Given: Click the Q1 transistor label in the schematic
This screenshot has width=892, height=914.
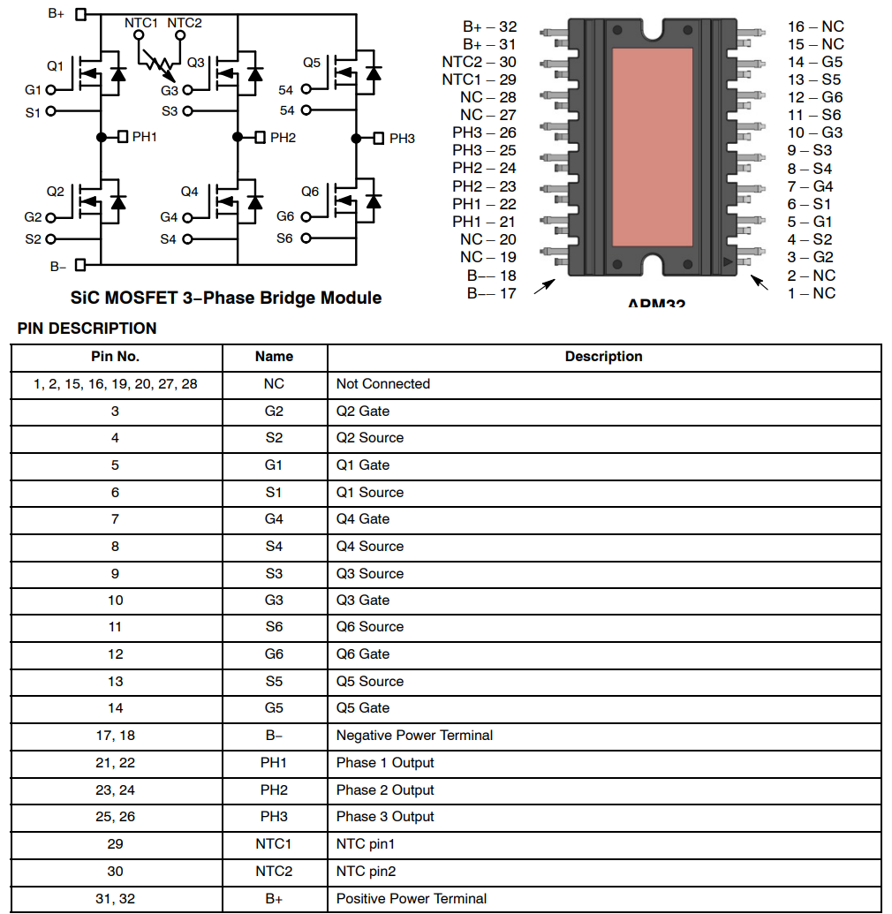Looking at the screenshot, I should click(55, 66).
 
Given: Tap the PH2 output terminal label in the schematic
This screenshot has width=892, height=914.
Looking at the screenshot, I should click(283, 138).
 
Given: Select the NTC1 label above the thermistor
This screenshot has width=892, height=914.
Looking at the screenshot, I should click(141, 22).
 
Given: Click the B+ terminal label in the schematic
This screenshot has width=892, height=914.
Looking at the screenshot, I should click(57, 14).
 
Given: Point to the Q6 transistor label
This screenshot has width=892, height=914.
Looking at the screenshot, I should click(310, 192).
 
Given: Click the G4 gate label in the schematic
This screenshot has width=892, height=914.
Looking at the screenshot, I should click(169, 217).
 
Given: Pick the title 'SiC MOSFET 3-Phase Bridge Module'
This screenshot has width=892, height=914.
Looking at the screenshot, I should click(226, 298).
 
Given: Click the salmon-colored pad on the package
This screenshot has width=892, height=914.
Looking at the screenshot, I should click(653, 147).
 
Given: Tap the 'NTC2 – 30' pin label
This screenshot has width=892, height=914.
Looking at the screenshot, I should click(479, 62).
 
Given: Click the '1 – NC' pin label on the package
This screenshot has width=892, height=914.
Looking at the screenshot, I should click(811, 293).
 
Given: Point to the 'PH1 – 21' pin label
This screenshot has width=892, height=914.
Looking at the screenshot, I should click(484, 222).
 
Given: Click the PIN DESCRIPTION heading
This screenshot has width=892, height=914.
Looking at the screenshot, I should click(87, 329).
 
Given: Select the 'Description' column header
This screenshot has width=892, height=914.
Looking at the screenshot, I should click(603, 357).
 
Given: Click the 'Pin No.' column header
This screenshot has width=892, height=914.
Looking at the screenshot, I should click(115, 357).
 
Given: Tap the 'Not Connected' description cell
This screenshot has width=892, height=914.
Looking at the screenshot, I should click(383, 384).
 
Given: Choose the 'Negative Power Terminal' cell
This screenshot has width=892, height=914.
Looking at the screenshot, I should click(414, 736).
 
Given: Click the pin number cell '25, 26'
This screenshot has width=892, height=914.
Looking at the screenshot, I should click(115, 817).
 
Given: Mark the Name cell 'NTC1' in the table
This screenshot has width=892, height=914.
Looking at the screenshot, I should click(274, 844).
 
